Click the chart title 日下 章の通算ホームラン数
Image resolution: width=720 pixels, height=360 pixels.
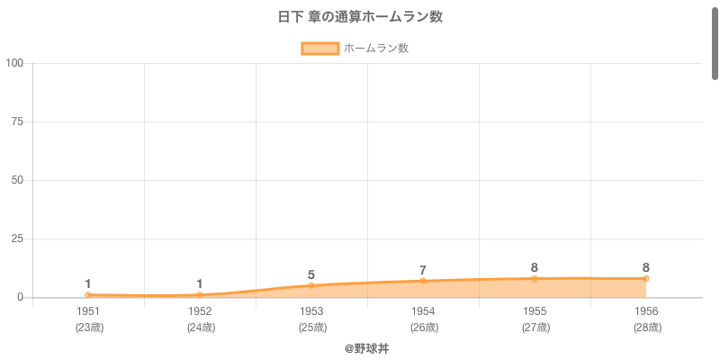(360, 17)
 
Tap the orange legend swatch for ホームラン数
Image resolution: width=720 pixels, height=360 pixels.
(320, 49)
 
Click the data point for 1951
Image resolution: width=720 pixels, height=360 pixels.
(88, 295)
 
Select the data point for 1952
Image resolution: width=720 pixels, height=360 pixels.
(200, 295)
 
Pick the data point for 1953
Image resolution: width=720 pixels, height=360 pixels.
(311, 285)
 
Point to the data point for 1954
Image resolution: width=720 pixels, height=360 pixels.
(423, 281)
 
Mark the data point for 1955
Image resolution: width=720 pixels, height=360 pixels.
(535, 279)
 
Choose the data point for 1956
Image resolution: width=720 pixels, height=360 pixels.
(646, 279)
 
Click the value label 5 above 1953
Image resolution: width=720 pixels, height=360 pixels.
(311, 274)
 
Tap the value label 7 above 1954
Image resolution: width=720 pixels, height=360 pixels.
(423, 270)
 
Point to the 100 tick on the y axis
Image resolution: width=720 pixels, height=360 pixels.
(15, 63)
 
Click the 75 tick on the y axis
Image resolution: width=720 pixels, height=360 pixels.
(18, 121)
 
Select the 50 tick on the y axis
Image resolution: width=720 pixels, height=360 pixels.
(18, 180)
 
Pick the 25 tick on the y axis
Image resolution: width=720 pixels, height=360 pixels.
(18, 238)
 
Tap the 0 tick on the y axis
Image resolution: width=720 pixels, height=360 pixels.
(21, 298)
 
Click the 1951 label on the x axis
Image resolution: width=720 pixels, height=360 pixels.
(88, 311)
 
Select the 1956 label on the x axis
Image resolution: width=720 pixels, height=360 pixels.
(646, 311)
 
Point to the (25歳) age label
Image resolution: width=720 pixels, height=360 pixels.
(311, 328)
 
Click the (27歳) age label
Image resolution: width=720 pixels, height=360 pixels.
(535, 328)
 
